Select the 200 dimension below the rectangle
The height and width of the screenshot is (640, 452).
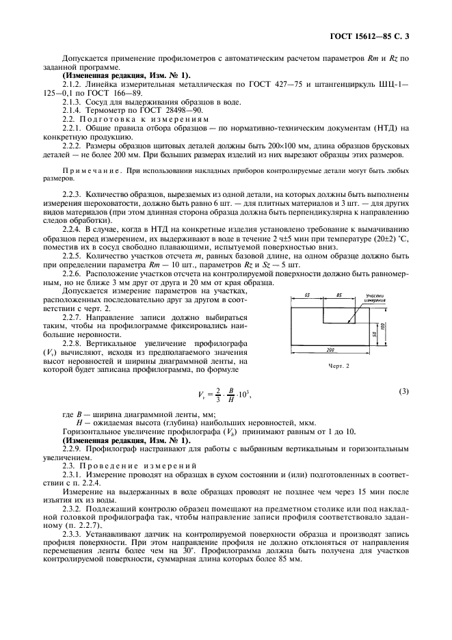click(330, 349)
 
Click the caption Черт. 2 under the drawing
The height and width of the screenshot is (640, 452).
click(338, 366)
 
